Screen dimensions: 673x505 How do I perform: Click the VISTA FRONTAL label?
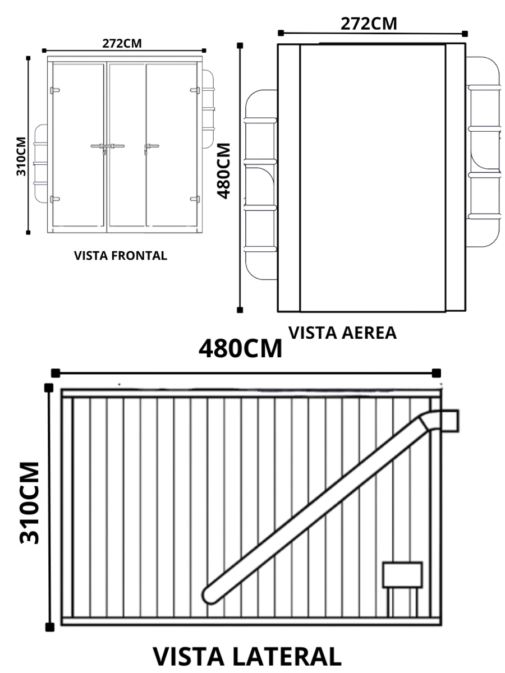coord(121,256)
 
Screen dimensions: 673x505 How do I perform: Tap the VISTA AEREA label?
coord(342,333)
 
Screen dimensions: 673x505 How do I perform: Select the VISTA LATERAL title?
coord(247,657)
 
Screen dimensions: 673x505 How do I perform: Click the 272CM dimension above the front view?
coord(122,43)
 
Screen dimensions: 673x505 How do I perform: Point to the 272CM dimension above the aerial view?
coord(369,24)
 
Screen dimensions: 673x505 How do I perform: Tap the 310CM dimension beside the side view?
coord(29,503)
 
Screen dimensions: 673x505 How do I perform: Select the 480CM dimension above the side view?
coord(241,349)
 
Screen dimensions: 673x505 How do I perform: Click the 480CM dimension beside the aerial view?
coord(224,170)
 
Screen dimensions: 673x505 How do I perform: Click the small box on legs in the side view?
coord(402,575)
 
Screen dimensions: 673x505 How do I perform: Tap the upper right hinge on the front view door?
coord(195,90)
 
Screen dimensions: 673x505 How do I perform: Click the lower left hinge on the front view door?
coord(54,199)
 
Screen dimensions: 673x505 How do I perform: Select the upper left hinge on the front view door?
coord(54,90)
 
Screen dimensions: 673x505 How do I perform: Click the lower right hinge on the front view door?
coord(195,198)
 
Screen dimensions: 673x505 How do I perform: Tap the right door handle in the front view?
coord(150,147)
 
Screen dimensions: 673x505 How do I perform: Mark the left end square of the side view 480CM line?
coord(55,373)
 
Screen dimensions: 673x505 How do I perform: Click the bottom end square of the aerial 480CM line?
coord(240,310)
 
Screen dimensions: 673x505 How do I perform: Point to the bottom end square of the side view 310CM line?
coord(50,627)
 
